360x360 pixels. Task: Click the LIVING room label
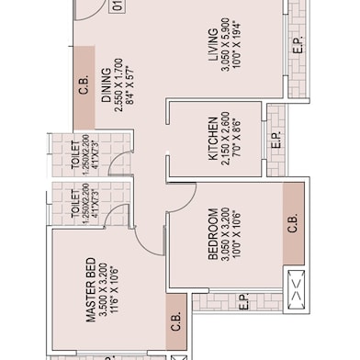[213, 45]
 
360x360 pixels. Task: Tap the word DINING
[107, 84]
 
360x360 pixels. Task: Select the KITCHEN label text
[213, 139]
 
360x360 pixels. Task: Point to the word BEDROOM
[213, 234]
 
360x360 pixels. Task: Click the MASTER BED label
[91, 290]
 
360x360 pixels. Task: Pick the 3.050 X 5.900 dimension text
[225, 45]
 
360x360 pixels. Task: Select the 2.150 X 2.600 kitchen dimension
[225, 139]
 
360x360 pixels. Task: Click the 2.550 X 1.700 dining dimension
[118, 85]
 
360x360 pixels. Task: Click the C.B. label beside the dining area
[84, 84]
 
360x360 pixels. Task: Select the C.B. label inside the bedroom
[293, 223]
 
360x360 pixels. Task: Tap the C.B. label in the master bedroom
[176, 321]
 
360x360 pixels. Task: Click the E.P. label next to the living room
[298, 45]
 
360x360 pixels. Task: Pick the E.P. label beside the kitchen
[276, 141]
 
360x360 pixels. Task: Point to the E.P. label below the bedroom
[243, 302]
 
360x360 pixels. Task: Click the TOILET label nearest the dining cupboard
[75, 154]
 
